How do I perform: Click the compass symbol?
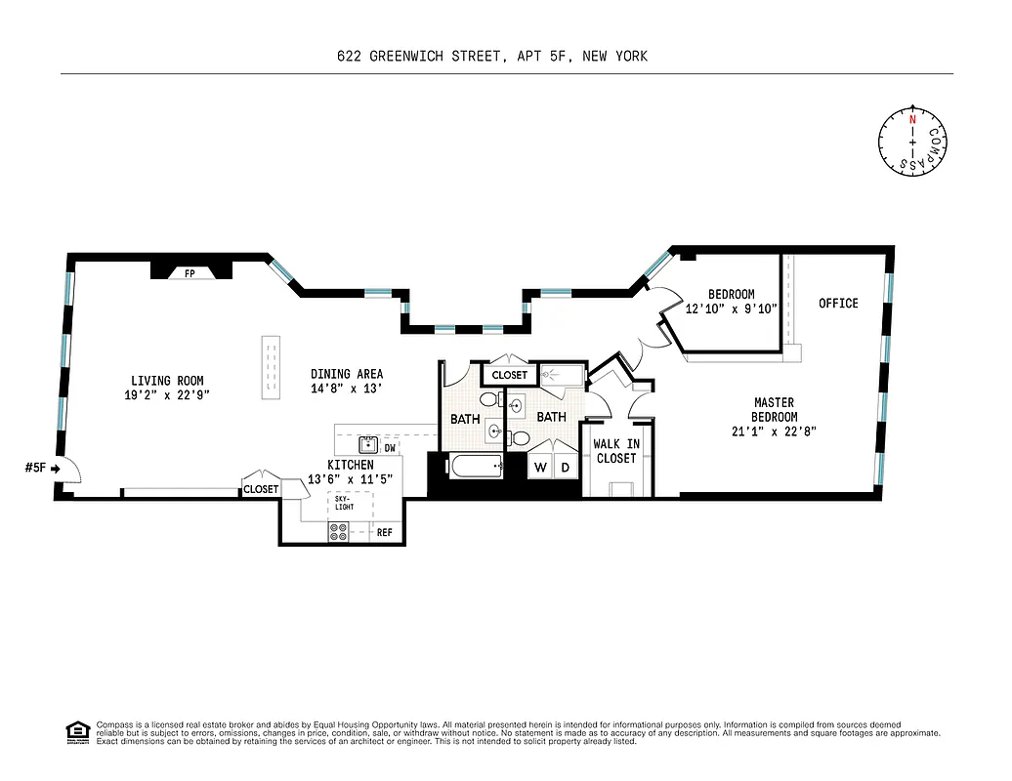[x=913, y=141]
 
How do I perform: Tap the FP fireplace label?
[x=190, y=274]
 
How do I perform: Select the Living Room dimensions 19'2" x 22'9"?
[x=168, y=394]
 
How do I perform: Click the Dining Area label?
[x=347, y=374]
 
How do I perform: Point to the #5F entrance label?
[x=35, y=469]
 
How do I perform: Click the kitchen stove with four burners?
[x=339, y=532]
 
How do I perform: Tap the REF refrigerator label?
[x=384, y=533]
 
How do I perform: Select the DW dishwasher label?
[x=390, y=448]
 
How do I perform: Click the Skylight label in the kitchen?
[x=338, y=502]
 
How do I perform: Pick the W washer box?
[x=540, y=468]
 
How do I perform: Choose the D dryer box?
[x=566, y=468]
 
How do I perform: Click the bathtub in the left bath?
[x=476, y=467]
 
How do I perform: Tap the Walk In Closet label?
[x=616, y=451]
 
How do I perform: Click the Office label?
[x=838, y=304]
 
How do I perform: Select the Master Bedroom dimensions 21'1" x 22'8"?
[x=774, y=431]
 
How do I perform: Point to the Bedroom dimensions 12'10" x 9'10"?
[x=731, y=308]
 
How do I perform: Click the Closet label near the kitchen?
[x=261, y=489]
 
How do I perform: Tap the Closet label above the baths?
[x=509, y=375]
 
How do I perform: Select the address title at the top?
[x=491, y=57]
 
